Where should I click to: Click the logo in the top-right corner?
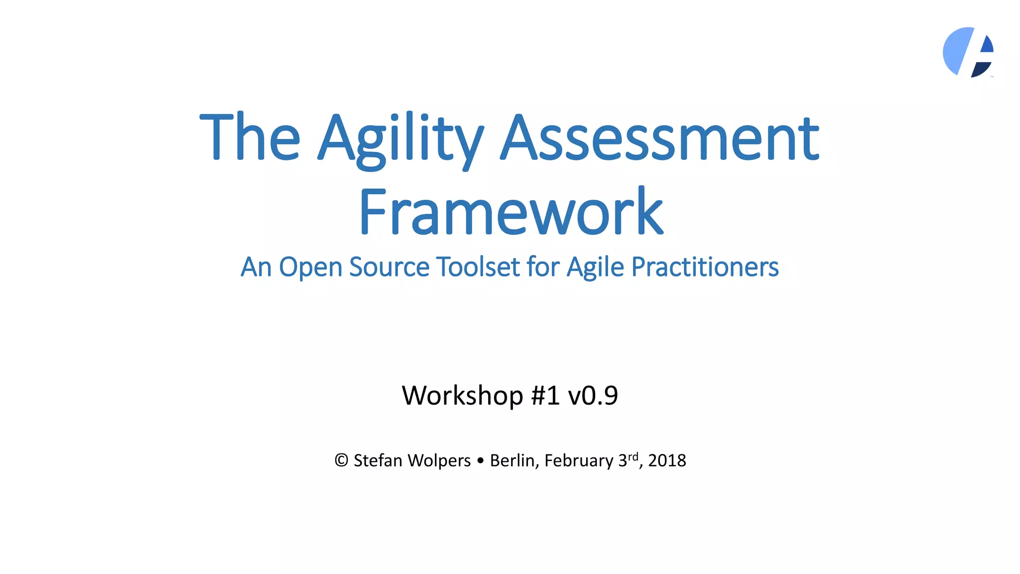click(x=968, y=52)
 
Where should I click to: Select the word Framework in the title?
click(x=510, y=212)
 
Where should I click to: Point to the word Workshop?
click(x=462, y=396)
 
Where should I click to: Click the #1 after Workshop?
click(x=545, y=396)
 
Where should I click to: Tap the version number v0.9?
click(x=593, y=396)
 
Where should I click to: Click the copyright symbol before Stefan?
click(x=341, y=460)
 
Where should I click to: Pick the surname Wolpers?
click(x=439, y=460)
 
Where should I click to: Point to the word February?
click(x=579, y=460)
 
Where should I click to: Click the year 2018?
click(x=667, y=460)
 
